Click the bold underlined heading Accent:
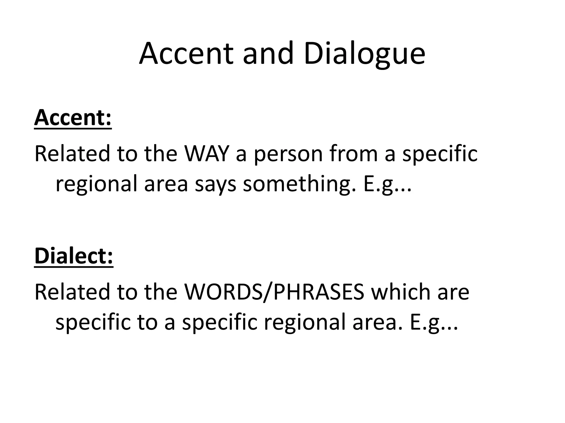73,118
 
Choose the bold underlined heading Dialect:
74,256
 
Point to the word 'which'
401,292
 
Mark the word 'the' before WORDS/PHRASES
161,292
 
